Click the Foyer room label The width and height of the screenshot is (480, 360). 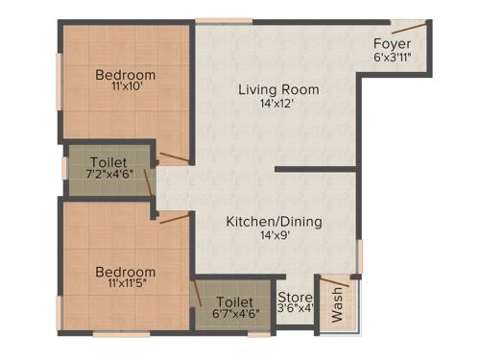393,44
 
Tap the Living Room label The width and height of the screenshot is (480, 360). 279,90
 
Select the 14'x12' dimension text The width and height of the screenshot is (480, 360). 279,105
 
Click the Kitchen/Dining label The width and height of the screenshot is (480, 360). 274,222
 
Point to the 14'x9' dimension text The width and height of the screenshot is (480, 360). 274,237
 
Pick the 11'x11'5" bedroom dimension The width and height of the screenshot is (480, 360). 126,286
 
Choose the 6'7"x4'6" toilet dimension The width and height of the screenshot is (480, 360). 235,313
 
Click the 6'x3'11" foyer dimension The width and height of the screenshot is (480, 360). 393,59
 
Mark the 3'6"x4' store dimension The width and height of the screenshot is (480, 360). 295,309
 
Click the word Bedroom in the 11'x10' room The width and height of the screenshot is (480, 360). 126,74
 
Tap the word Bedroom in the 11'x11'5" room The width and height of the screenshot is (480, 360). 126,272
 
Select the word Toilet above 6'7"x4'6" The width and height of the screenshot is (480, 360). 235,300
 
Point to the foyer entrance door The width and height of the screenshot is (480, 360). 407,25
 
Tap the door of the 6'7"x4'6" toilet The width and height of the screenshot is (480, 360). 197,292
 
